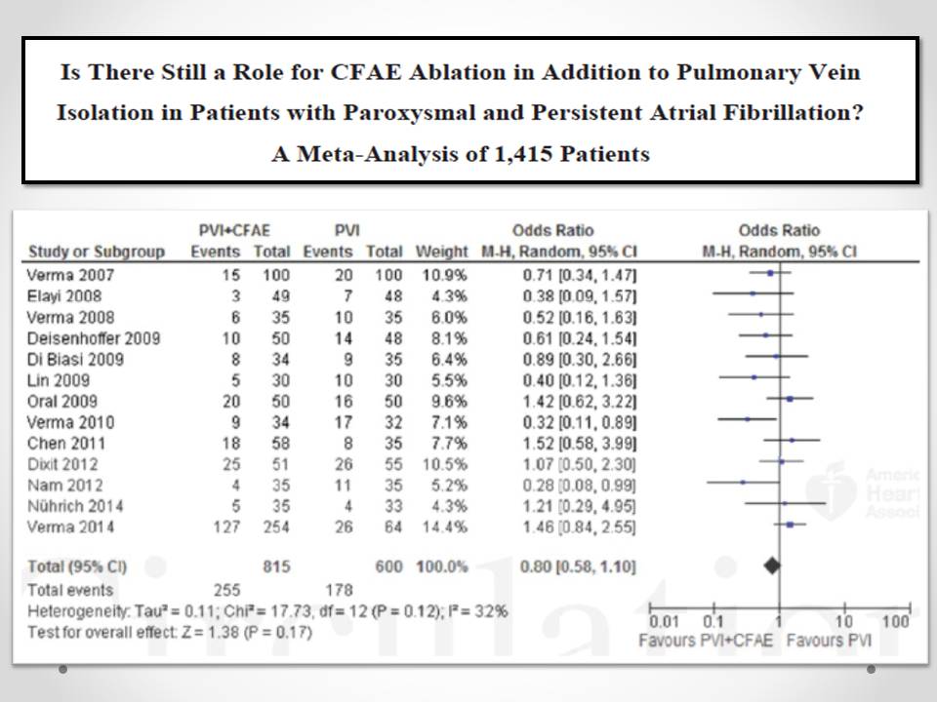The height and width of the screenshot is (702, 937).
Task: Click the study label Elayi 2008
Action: (x=63, y=295)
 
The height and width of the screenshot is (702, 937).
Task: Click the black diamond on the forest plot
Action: (x=773, y=564)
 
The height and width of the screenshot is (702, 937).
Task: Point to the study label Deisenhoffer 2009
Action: (x=94, y=338)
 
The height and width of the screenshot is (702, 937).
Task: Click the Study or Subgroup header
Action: (x=97, y=252)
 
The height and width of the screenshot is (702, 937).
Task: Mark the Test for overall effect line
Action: (x=172, y=631)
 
